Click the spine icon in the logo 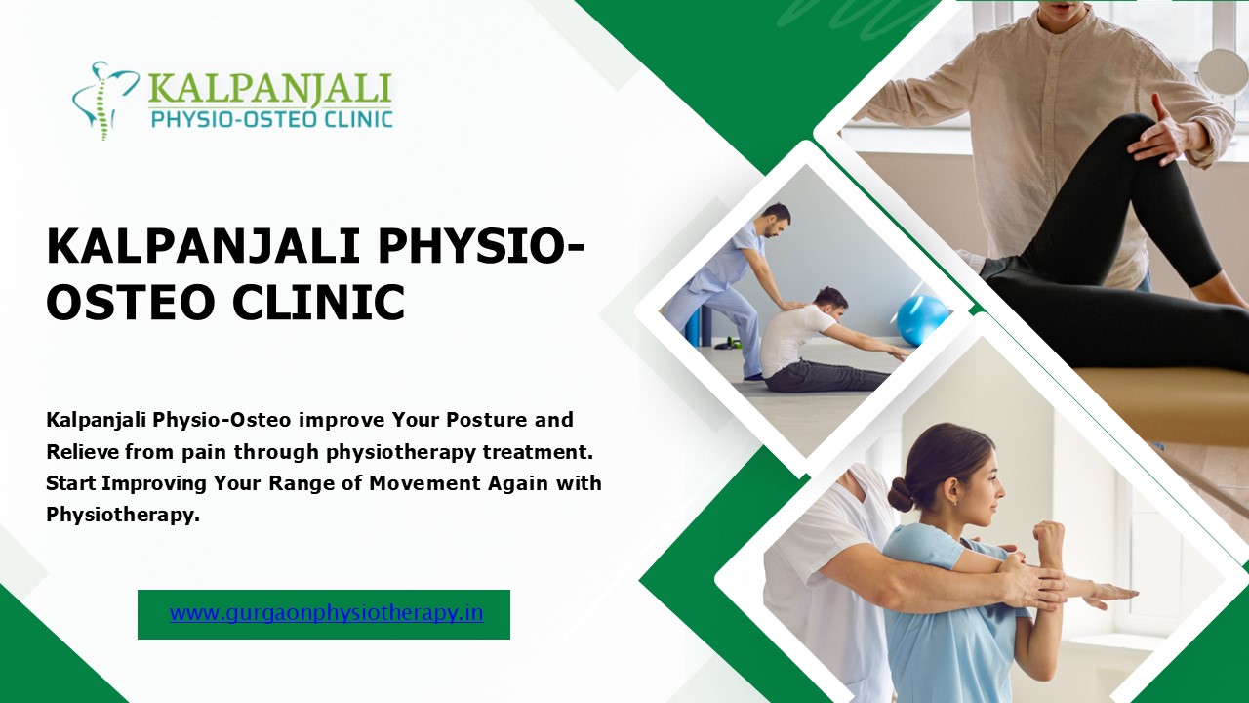point(101,100)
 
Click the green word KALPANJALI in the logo point(269,89)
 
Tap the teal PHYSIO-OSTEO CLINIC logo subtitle point(270,120)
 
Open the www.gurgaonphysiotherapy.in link point(326,613)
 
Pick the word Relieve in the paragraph point(82,451)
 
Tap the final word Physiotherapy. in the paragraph point(123,515)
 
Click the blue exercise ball point(921,319)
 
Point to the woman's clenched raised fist point(1049,537)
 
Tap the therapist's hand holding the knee point(1161,132)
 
